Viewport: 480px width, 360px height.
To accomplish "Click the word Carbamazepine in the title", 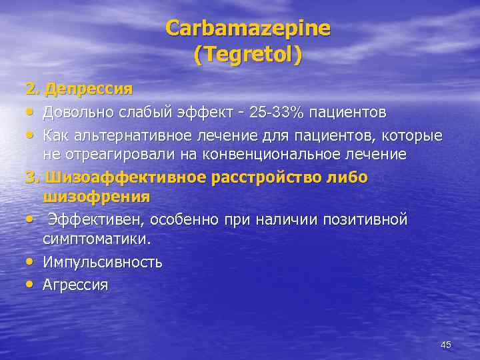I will coord(248,28).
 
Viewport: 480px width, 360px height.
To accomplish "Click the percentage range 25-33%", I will coord(275,110).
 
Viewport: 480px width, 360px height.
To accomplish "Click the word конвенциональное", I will coord(275,155).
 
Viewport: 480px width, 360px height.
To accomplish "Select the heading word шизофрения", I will coord(97,197).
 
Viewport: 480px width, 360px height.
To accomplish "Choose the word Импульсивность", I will coord(103,261).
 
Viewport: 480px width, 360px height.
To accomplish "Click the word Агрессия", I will coord(75,285).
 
